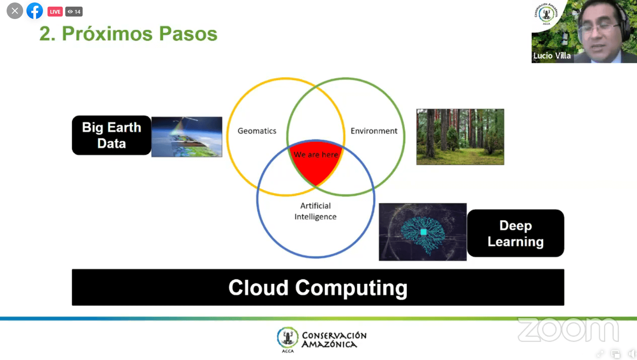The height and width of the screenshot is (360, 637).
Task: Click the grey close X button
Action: click(x=15, y=11)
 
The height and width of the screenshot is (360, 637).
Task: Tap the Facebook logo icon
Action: click(x=35, y=11)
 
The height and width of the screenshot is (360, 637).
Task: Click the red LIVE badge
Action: click(x=55, y=12)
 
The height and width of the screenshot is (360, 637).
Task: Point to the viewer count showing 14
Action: click(x=74, y=12)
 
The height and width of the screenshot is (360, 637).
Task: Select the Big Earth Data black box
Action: click(x=112, y=135)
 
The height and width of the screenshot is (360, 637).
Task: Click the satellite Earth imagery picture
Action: click(x=187, y=136)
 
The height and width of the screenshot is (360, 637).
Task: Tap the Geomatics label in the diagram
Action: click(x=257, y=131)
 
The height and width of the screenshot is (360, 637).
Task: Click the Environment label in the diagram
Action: click(x=374, y=131)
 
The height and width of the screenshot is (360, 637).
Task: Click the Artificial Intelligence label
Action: click(x=315, y=211)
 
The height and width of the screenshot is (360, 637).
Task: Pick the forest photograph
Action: click(x=460, y=136)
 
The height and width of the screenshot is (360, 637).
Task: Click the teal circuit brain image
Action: click(x=423, y=232)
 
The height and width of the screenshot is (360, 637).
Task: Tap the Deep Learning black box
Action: click(x=516, y=234)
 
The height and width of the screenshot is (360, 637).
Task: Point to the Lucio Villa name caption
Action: click(x=552, y=56)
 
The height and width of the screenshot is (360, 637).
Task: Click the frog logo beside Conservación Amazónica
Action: click(x=288, y=338)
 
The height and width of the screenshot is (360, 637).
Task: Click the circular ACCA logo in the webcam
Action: click(x=546, y=13)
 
